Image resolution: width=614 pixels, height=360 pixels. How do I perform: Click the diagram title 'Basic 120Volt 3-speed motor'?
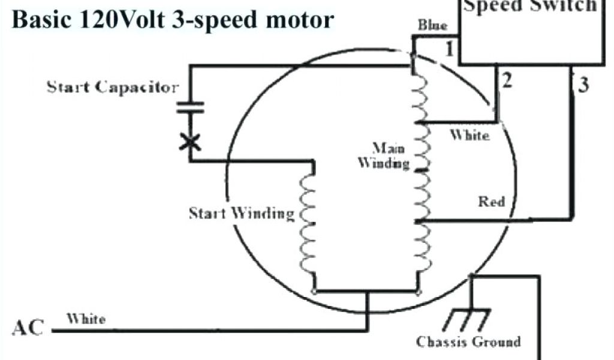coord(173,20)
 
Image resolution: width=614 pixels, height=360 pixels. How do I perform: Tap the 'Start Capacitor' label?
coord(113,88)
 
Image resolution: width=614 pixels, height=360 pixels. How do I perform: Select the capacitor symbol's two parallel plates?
coord(190,107)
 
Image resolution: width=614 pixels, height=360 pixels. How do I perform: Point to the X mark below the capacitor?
coord(190,142)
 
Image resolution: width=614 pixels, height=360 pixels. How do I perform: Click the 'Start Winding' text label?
coord(242,213)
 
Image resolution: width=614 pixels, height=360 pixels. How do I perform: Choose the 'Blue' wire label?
coord(432,25)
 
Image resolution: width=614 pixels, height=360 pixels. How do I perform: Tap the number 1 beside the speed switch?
coord(449,49)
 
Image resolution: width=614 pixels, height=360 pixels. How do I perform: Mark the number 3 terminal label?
coord(583,85)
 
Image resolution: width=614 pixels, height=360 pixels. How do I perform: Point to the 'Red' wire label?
coord(492,202)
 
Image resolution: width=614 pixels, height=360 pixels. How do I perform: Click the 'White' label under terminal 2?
coord(469,136)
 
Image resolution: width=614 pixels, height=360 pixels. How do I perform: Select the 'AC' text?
coord(28,329)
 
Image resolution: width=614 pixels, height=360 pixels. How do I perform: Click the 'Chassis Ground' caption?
coord(468,342)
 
